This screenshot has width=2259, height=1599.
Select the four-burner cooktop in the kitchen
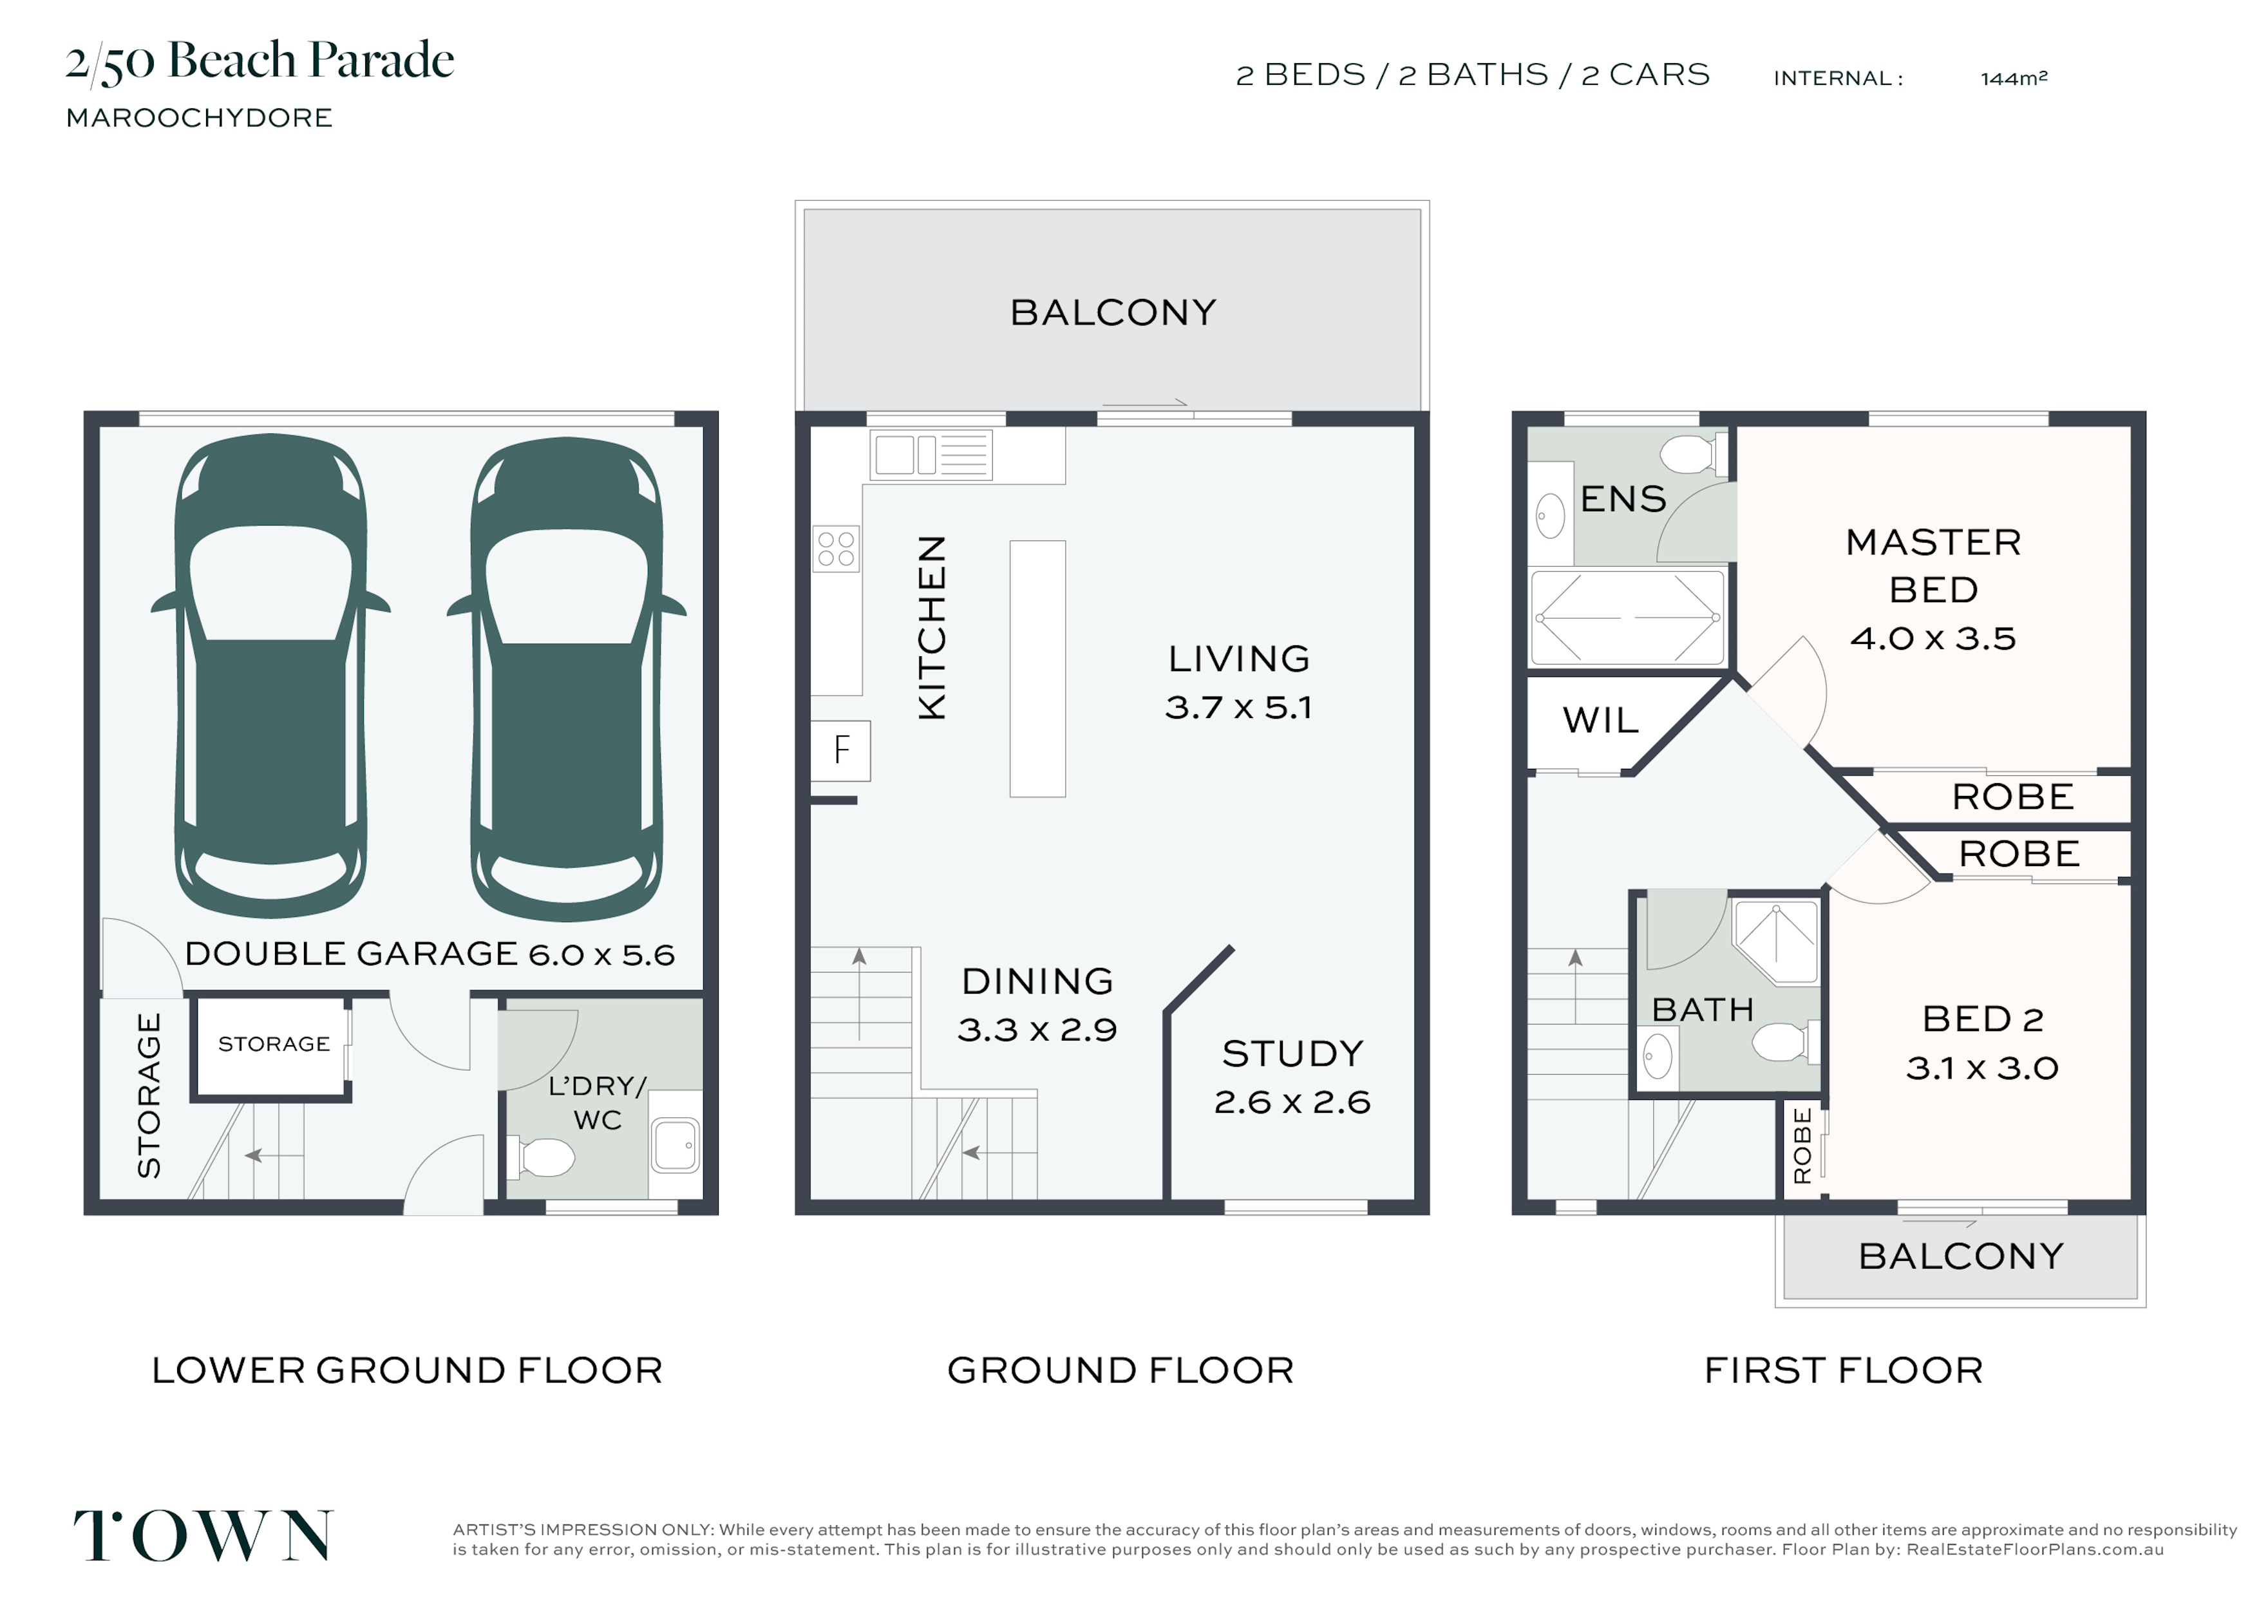(836, 549)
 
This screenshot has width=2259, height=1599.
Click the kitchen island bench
(1037, 668)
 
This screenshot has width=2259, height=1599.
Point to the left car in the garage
(270, 676)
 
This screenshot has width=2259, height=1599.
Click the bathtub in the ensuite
(1628, 618)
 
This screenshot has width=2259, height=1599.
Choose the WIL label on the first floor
(1600, 721)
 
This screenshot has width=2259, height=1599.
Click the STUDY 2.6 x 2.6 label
(1292, 1077)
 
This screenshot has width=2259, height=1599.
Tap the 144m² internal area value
(2014, 78)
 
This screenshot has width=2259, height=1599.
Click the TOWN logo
(203, 1536)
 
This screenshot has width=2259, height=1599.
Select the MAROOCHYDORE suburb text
(199, 118)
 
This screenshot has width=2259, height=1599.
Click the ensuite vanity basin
(1550, 515)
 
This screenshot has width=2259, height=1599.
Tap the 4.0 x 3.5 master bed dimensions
(1933, 639)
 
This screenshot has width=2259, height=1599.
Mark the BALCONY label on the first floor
(1961, 1256)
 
